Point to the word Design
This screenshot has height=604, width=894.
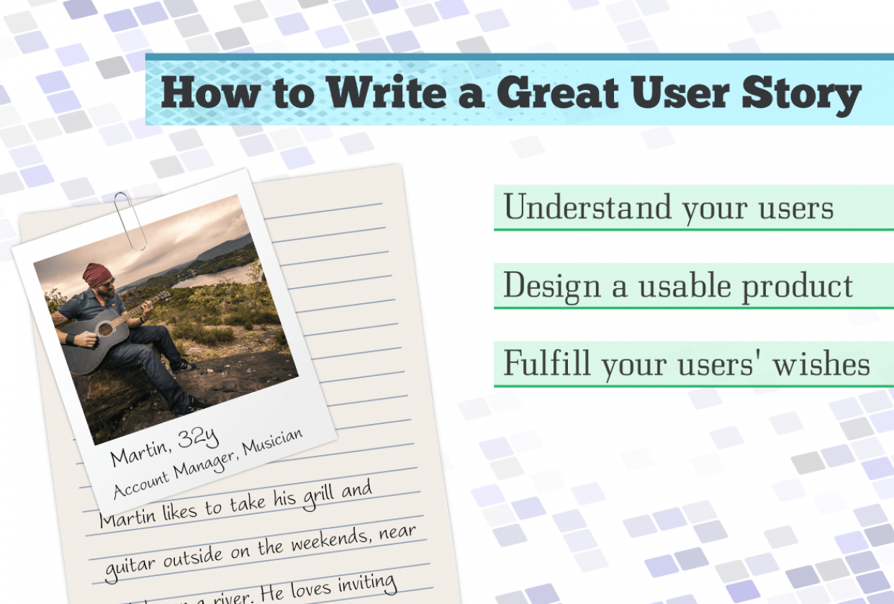553,287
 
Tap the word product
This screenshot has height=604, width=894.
798,287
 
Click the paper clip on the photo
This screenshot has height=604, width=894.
130,220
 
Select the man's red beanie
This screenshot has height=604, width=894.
96,273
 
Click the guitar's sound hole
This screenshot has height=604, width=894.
106,330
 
